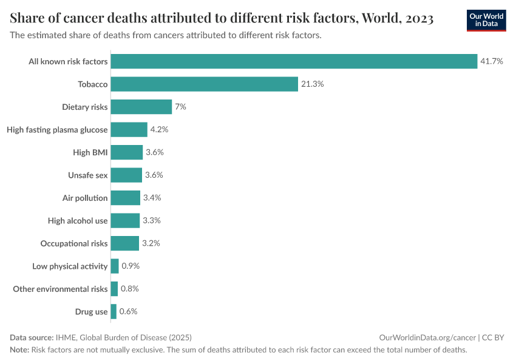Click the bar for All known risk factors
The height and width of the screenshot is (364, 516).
point(294,61)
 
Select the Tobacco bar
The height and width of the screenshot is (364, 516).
point(204,84)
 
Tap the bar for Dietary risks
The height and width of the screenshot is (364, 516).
point(141,107)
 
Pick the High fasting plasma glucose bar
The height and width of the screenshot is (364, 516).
point(129,129)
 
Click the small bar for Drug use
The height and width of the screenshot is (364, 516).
point(114,311)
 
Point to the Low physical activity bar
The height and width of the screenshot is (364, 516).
point(115,266)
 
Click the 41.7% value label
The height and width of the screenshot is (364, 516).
point(492,61)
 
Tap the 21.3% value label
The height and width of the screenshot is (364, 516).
point(312,84)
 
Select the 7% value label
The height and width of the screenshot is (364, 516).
point(180,107)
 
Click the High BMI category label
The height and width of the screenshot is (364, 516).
point(90,152)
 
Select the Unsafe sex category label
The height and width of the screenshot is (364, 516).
point(88,175)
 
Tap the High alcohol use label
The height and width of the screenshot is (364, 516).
point(78,220)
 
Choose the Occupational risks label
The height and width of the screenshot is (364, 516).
point(74,243)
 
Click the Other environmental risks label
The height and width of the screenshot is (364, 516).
point(60,289)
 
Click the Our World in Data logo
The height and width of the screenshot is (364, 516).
point(486,20)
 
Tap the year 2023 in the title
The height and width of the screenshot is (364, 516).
point(418,18)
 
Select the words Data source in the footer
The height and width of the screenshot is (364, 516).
point(32,337)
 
